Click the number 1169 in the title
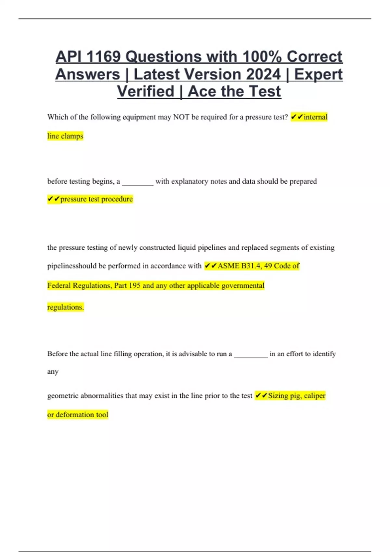[x=103, y=57]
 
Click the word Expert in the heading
[x=318, y=74]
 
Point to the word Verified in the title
[x=146, y=92]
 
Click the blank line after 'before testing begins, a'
[x=137, y=182]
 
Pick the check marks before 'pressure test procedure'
[x=54, y=199]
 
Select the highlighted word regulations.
[x=65, y=307]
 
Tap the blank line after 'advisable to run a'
[x=251, y=355]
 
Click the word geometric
[x=63, y=396]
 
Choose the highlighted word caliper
[x=314, y=396]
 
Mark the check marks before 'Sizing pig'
[x=261, y=396]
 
